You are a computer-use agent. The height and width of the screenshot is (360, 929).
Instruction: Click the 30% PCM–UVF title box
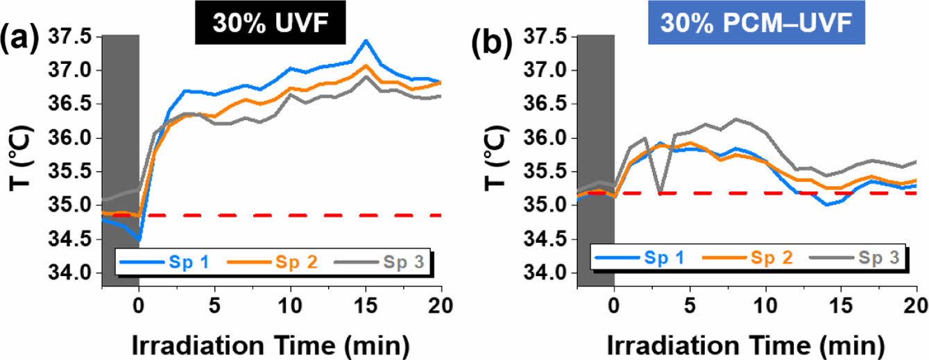pyautogui.click(x=746, y=25)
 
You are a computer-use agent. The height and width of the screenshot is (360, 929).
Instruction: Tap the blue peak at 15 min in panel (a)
pyautogui.click(x=366, y=41)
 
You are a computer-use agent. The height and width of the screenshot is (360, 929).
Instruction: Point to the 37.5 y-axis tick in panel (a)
pyautogui.click(x=72, y=37)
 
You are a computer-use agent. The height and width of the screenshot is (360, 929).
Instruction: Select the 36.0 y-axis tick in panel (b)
pyautogui.click(x=547, y=139)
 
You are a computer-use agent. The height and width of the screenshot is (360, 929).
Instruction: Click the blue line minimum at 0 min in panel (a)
pyautogui.click(x=139, y=240)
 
